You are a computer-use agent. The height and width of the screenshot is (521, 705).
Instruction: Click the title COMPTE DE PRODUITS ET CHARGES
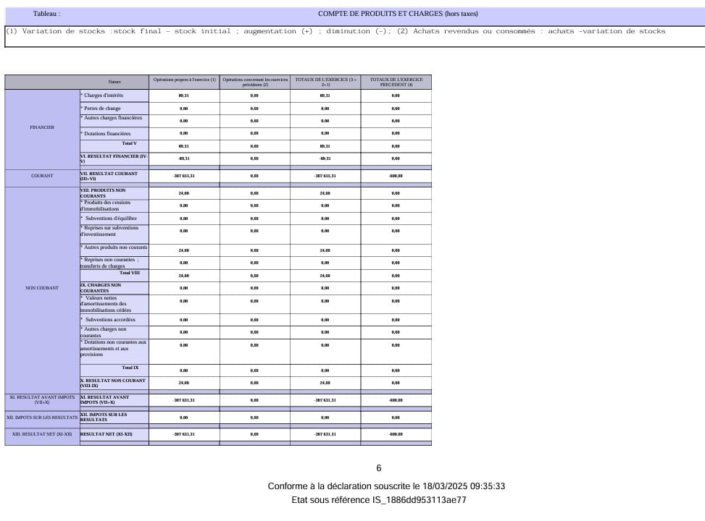click(x=398, y=14)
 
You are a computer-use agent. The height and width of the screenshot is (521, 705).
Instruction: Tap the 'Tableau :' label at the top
click(x=46, y=14)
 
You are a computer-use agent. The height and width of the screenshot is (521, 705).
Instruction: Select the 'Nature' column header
click(x=114, y=82)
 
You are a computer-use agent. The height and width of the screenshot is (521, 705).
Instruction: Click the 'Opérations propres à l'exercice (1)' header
click(x=184, y=82)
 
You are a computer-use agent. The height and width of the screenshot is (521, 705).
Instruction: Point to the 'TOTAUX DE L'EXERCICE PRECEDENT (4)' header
click(x=396, y=82)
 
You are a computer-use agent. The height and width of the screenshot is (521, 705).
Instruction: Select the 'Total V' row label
click(x=130, y=144)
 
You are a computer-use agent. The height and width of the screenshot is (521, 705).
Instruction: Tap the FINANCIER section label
click(x=41, y=127)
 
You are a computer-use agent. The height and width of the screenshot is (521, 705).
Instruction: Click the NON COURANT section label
click(x=41, y=288)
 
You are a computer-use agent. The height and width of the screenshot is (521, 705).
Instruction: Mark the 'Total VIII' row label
click(x=130, y=273)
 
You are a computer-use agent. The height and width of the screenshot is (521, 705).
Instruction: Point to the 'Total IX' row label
click(x=130, y=368)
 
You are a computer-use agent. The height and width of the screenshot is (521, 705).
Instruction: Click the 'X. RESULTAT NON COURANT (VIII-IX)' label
click(x=113, y=382)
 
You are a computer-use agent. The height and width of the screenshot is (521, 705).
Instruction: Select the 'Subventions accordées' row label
click(x=110, y=319)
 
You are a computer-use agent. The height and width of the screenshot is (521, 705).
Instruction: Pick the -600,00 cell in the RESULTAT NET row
click(x=396, y=434)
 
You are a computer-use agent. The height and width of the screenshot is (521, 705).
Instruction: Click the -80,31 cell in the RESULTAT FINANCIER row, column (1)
click(x=184, y=158)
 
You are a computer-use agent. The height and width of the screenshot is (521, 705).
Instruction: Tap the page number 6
click(x=378, y=468)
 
